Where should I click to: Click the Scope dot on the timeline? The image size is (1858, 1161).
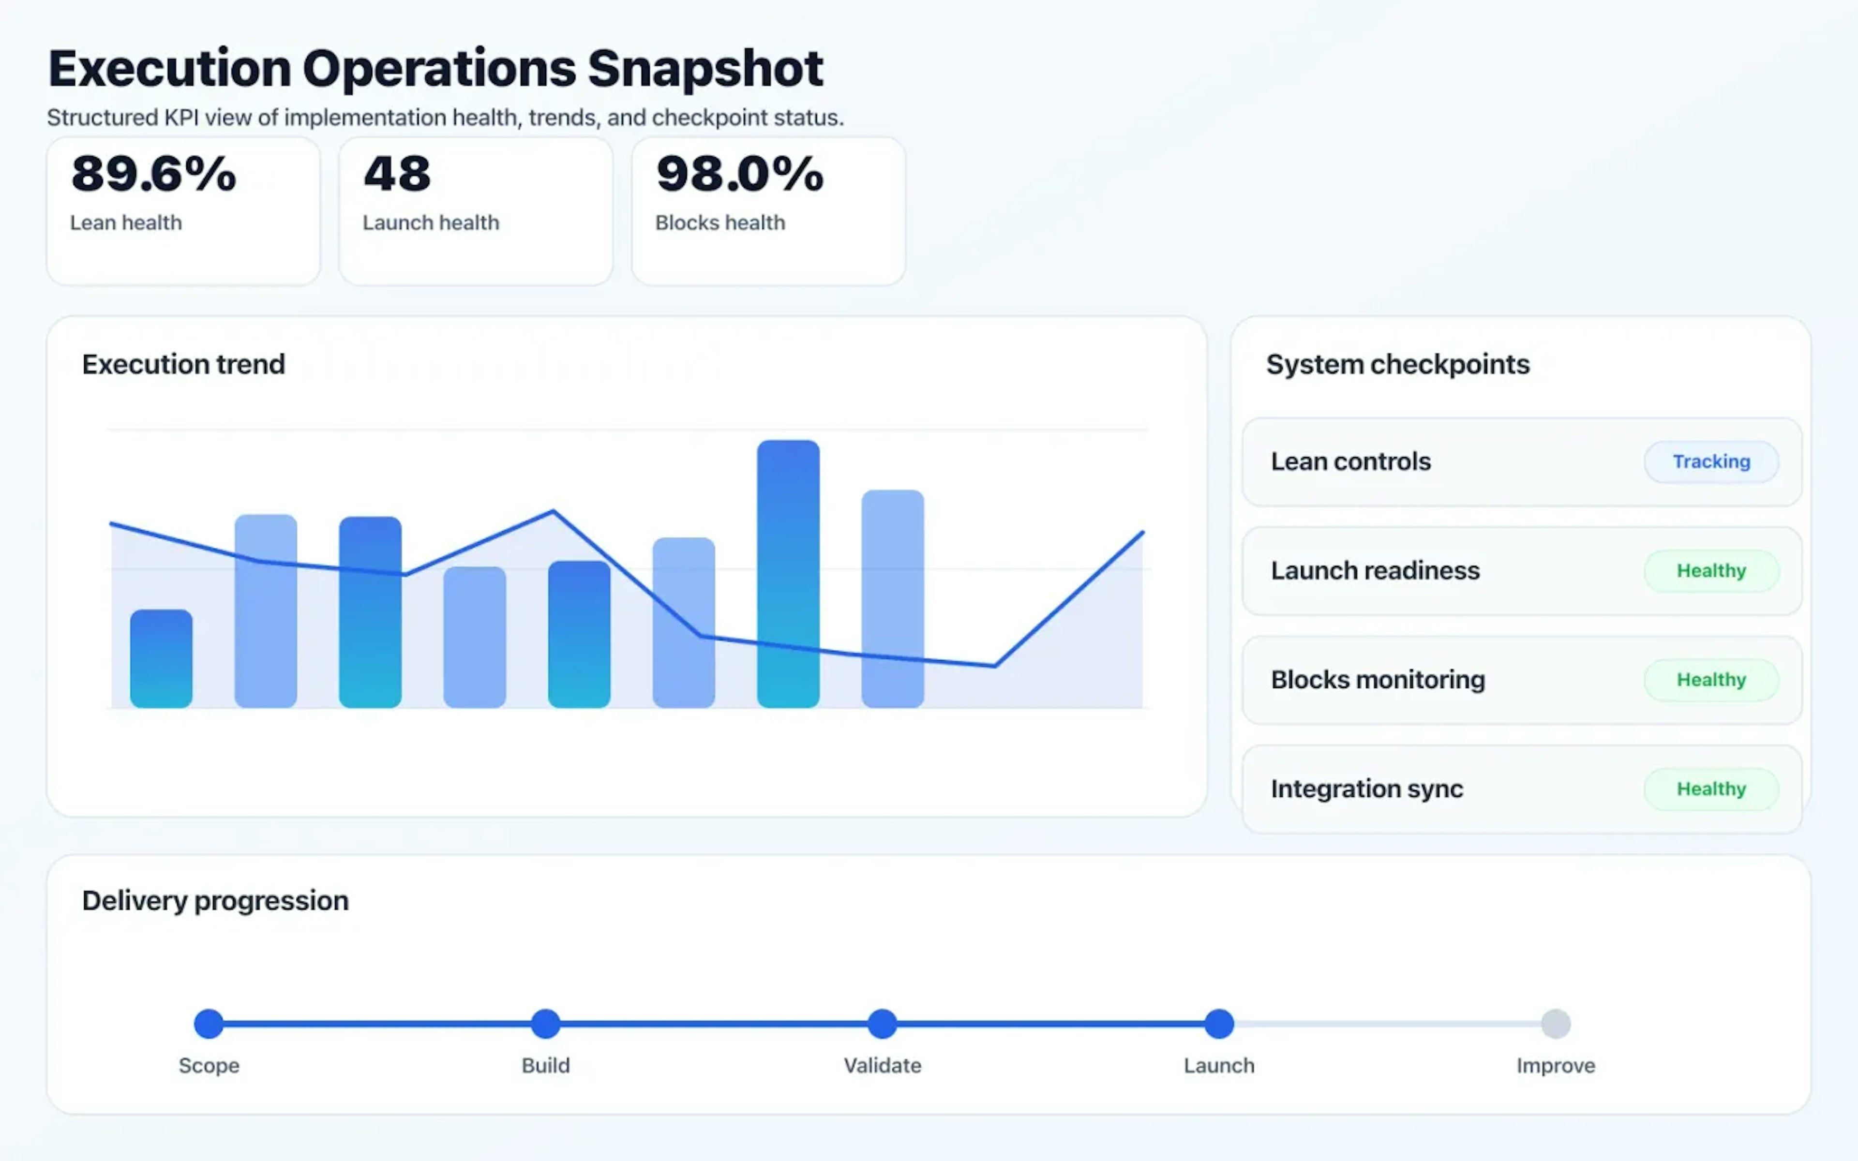pos(209,1024)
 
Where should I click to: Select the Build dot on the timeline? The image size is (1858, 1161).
pos(545,1024)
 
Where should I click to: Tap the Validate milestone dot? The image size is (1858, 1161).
pos(882,1024)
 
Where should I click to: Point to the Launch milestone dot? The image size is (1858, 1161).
pos(1218,1024)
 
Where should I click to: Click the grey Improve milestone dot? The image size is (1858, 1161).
pos(1556,1024)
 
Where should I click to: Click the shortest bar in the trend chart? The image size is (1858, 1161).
pos(161,659)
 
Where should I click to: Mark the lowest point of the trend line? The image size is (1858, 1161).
pos(994,666)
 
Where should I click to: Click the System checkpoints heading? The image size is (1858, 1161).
pos(1397,364)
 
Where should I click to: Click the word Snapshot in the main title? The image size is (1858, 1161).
pos(705,69)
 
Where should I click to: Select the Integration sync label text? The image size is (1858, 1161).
pos(1366,789)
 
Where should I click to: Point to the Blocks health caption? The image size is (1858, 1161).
pos(719,223)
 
